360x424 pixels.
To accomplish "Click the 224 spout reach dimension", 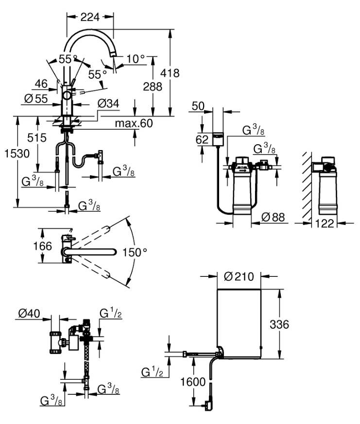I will pyautogui.click(x=90, y=17).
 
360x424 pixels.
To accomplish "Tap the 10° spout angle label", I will pyautogui.click(x=136, y=59).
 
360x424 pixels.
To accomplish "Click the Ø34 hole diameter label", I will pyautogui.click(x=107, y=104).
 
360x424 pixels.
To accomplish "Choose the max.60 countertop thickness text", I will pyautogui.click(x=134, y=123).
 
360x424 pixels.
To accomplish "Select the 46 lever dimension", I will pyautogui.click(x=42, y=84).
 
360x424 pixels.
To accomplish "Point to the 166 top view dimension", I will pyautogui.click(x=43, y=246).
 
